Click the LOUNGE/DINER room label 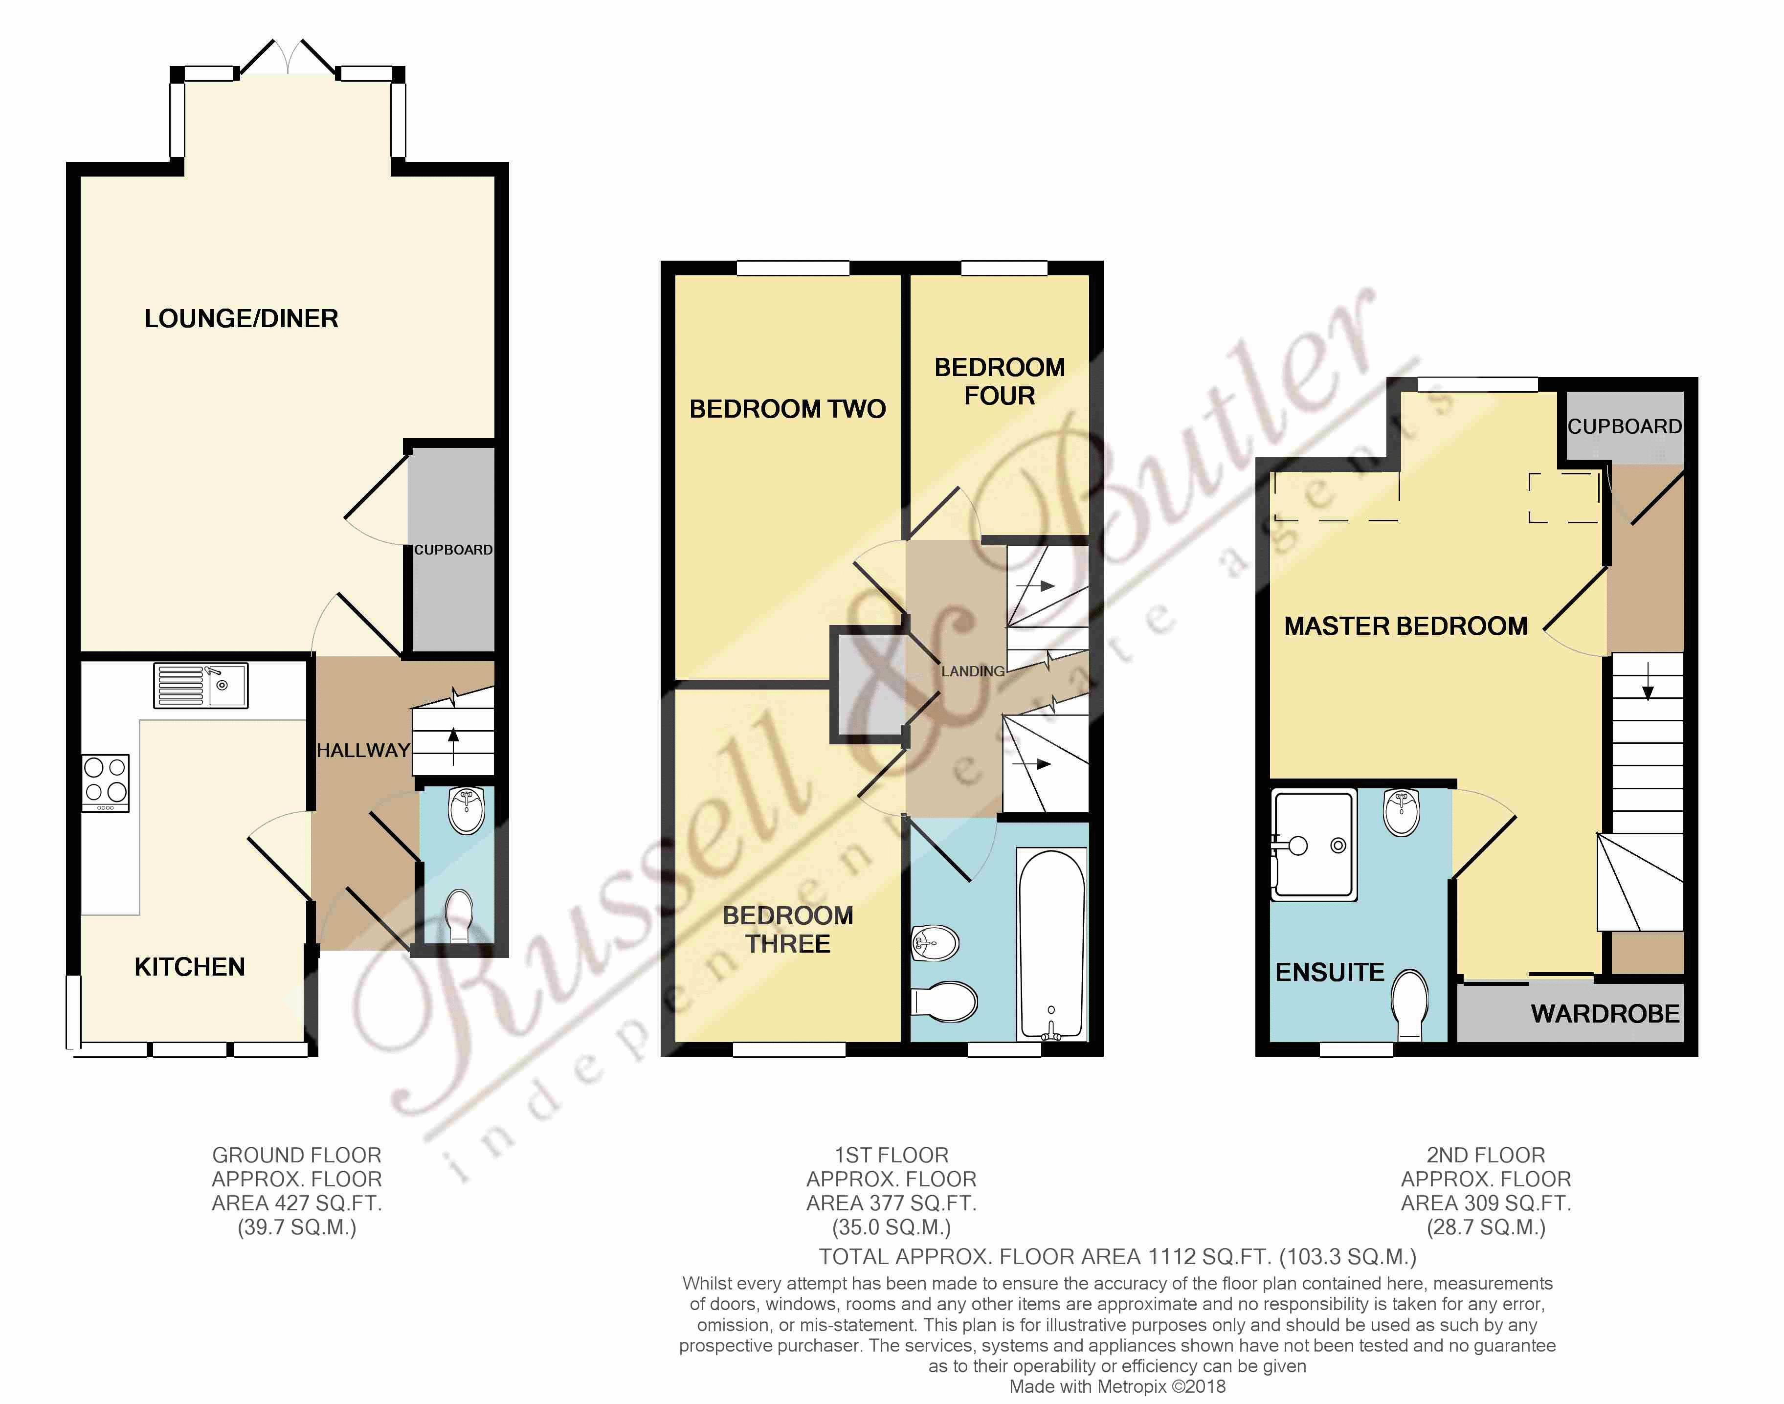[241, 319]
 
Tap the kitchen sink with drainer [201, 686]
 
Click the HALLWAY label [362, 751]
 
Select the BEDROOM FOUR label [999, 381]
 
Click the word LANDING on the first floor [973, 671]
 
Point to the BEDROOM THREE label [787, 930]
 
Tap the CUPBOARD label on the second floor [1624, 426]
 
